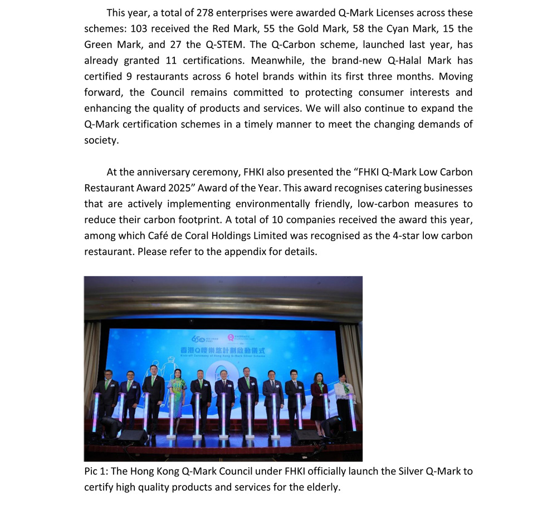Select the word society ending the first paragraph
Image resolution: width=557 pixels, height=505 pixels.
[101, 140]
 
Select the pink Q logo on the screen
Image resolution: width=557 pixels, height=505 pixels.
[231, 337]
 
